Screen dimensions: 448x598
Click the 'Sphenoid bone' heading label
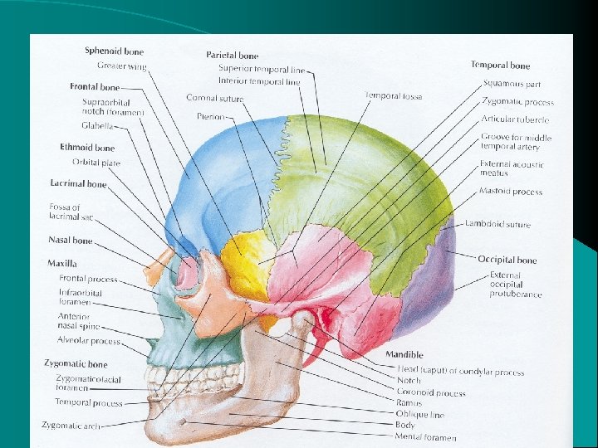tap(114, 51)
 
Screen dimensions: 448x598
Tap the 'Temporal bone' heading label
tap(500, 65)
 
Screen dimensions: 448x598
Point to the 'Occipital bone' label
tap(507, 260)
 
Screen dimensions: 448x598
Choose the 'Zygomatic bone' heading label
tap(76, 364)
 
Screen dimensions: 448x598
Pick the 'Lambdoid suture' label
tap(498, 224)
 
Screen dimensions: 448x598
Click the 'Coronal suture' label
tap(215, 98)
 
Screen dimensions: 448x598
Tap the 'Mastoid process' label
tap(510, 192)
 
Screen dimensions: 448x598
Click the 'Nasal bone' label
tap(71, 241)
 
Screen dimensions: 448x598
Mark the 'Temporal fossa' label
tap(393, 96)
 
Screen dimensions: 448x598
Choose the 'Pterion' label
tap(211, 117)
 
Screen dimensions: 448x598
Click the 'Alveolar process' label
tap(89, 340)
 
